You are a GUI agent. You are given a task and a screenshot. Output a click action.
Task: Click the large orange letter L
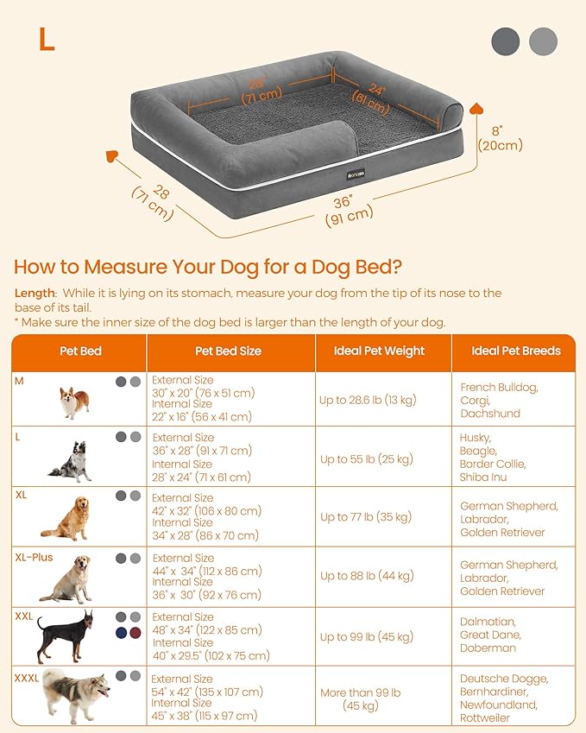pyautogui.click(x=46, y=39)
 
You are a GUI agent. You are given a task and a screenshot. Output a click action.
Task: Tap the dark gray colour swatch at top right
pyautogui.click(x=506, y=41)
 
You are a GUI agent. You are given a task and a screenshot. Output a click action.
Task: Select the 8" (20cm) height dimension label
pyautogui.click(x=501, y=138)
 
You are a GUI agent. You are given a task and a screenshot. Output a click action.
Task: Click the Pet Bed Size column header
pyautogui.click(x=228, y=351)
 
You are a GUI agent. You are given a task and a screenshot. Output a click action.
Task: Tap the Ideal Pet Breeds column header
pyautogui.click(x=516, y=351)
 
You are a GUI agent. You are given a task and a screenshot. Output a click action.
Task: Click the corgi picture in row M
pyautogui.click(x=74, y=401)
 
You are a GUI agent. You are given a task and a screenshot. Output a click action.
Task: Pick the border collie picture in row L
pyautogui.click(x=72, y=461)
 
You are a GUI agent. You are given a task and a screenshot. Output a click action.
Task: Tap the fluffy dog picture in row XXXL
pyautogui.click(x=76, y=693)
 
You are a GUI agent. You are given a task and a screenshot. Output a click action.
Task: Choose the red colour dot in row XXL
pyautogui.click(x=134, y=633)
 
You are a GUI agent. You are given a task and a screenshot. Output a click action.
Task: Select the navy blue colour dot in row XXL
pyautogui.click(x=120, y=633)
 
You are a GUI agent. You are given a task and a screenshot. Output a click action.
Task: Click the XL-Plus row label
pyautogui.click(x=34, y=558)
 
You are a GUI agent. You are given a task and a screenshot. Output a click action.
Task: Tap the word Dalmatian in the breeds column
pyautogui.click(x=488, y=622)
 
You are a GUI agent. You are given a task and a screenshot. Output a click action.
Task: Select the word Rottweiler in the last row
pyautogui.click(x=485, y=717)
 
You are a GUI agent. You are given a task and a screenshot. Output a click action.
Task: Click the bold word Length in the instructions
pyautogui.click(x=35, y=294)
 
